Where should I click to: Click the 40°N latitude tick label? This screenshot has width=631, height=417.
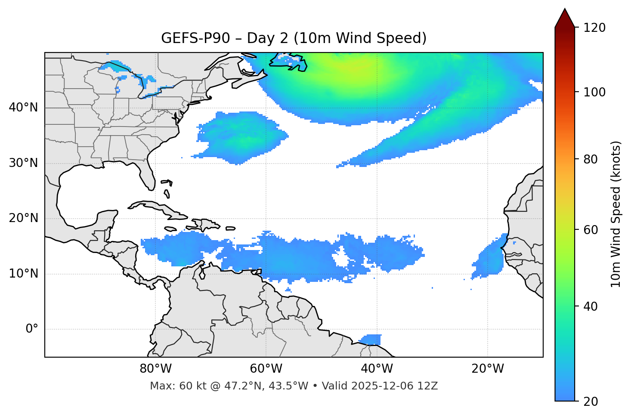point(23,108)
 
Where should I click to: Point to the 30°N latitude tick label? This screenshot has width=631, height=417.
point(23,163)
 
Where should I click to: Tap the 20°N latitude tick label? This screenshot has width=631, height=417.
point(23,218)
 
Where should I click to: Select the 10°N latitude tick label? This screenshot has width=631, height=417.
point(23,274)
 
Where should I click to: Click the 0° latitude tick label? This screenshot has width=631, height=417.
point(32,329)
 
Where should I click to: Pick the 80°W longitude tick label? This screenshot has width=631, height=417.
point(155,369)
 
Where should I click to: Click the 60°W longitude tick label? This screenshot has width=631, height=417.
point(266,369)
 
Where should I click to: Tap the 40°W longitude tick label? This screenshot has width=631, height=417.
point(377,369)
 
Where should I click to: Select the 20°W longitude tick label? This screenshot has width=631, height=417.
point(487,369)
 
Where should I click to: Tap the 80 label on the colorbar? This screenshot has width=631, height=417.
point(593,159)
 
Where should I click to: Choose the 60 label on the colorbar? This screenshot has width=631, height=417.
point(593,230)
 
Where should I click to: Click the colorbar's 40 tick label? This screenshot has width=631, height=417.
point(593,306)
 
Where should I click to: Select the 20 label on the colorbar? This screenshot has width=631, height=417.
point(593,402)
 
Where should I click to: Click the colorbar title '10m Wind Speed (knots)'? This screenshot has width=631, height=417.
point(616,214)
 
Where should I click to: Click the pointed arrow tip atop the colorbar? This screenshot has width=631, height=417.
point(565,11)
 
